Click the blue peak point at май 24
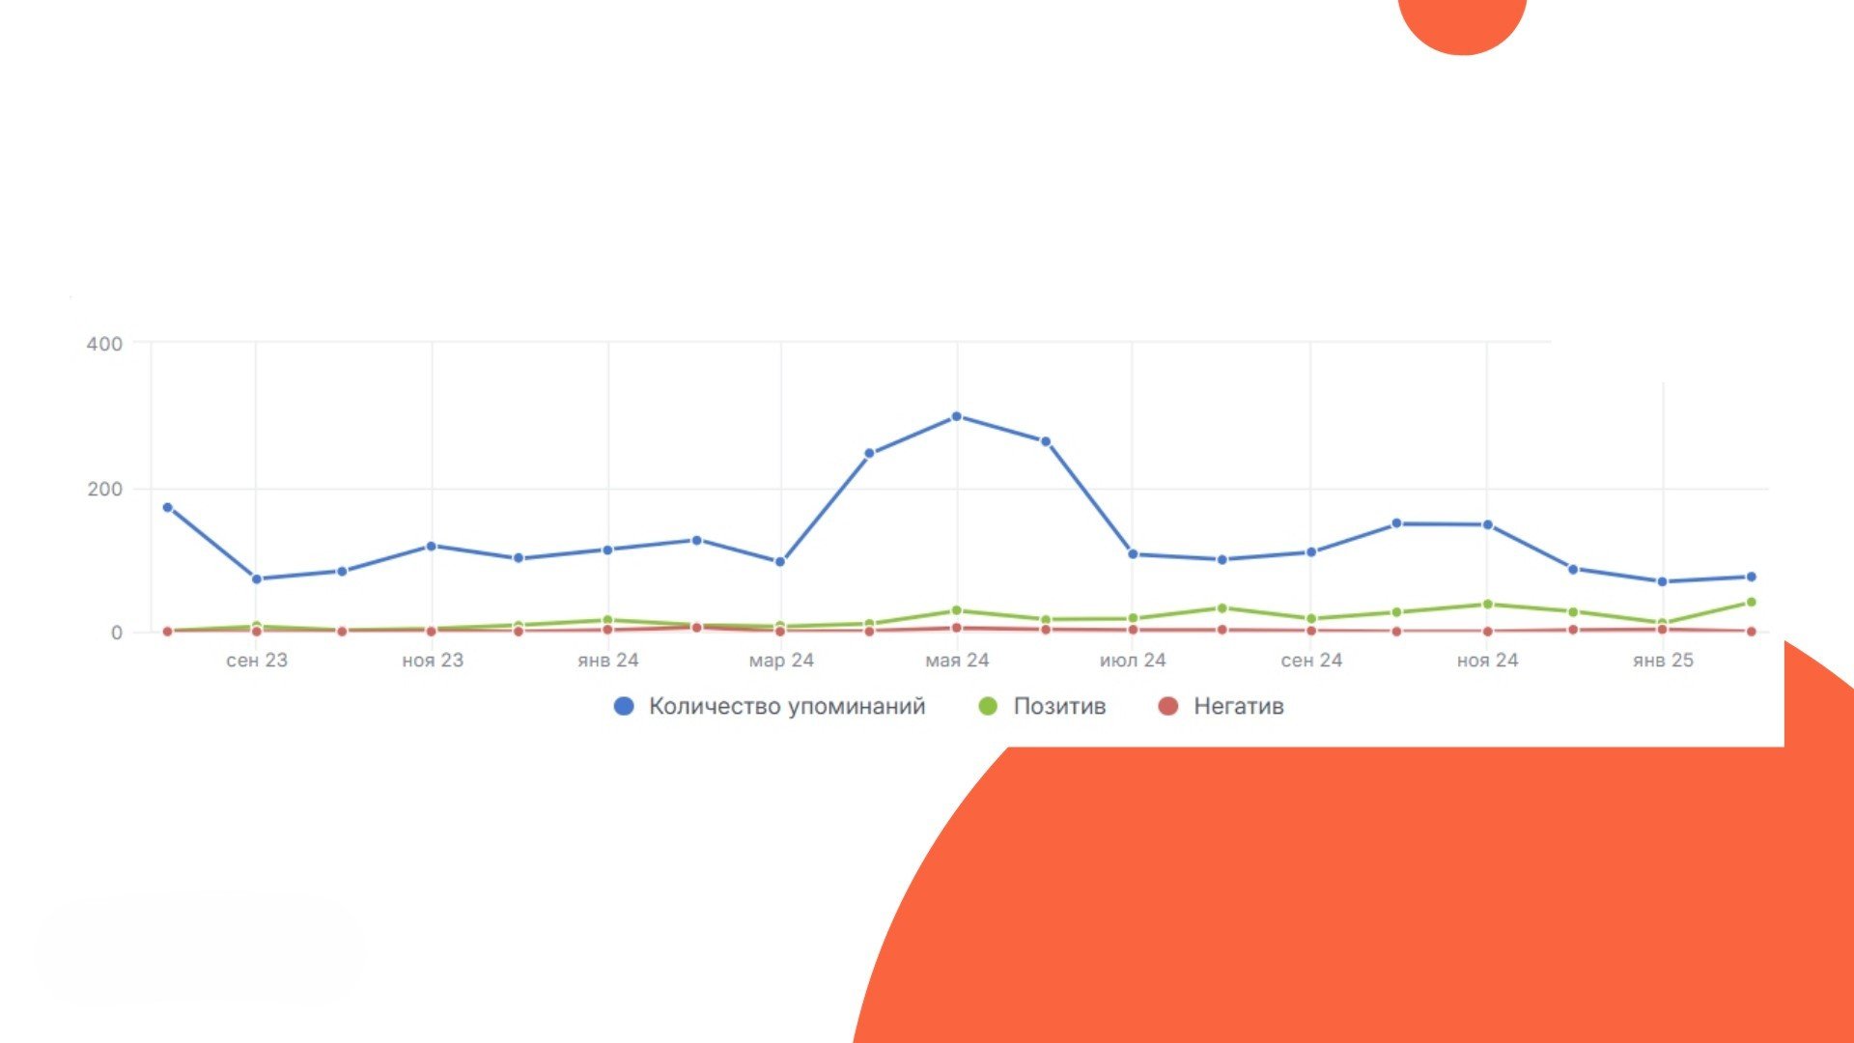tap(957, 417)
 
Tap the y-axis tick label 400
tap(104, 344)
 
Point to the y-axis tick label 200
tap(104, 489)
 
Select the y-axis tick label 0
tap(117, 633)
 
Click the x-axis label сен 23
tap(257, 661)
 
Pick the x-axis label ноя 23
tap(433, 661)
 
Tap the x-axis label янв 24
tap(608, 661)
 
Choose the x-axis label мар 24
tap(781, 661)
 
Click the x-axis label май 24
tap(957, 661)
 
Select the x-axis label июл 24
tap(1133, 661)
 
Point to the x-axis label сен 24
tap(1311, 661)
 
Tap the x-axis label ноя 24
tap(1487, 661)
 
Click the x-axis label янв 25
tap(1663, 661)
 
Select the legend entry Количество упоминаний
tap(770, 706)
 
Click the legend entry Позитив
tap(1043, 706)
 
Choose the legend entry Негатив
tap(1222, 706)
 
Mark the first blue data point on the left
tap(168, 508)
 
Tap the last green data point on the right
tap(1751, 603)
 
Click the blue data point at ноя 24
tap(1488, 525)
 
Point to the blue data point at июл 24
tap(1133, 554)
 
